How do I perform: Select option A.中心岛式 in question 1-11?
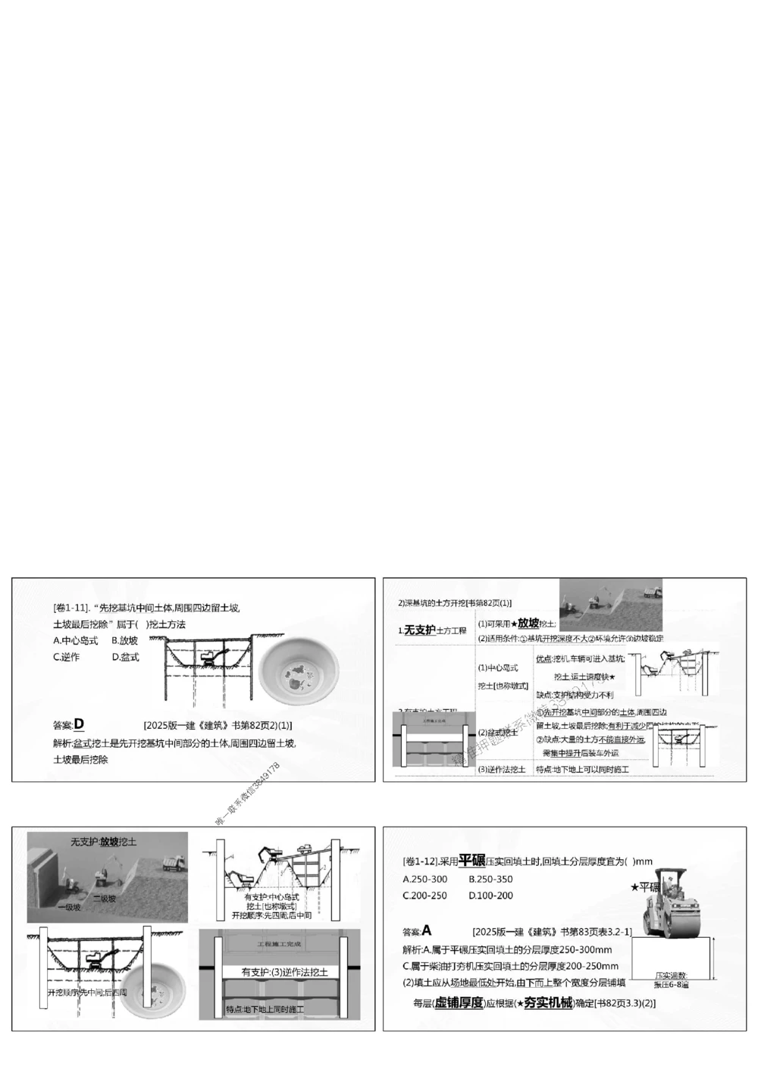pos(75,640)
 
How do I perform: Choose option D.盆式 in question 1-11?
pos(125,657)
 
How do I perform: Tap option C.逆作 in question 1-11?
pos(66,657)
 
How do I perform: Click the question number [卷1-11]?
pos(71,608)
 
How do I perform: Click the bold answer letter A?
pos(427,930)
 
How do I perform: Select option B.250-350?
pos(490,880)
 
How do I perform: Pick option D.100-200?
pos(490,895)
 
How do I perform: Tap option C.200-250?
pos(424,895)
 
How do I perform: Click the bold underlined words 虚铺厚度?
pos(458,1003)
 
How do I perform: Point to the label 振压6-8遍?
pos(671,985)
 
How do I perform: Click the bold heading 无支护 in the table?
pos(419,630)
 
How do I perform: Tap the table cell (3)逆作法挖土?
pos(502,770)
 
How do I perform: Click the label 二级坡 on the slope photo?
pos(105,899)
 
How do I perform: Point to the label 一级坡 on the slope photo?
pos(68,906)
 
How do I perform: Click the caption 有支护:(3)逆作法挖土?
pos(284,972)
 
